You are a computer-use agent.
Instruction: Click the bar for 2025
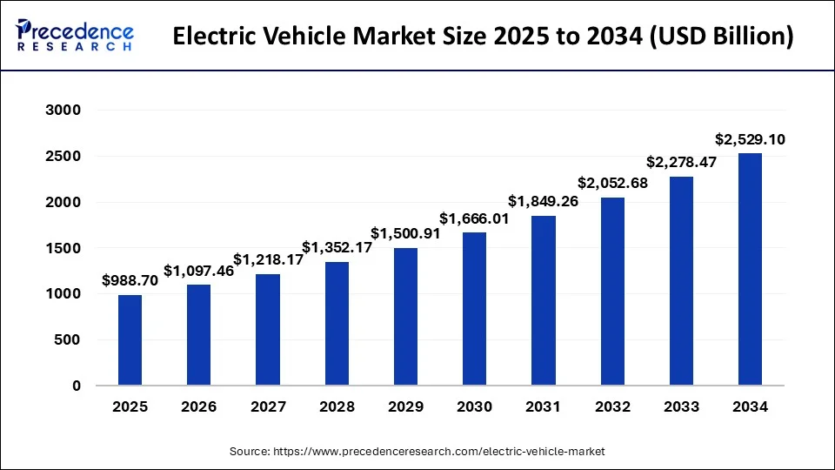pos(130,340)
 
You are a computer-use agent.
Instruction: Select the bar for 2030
pos(474,309)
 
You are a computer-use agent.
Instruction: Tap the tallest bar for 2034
pos(750,270)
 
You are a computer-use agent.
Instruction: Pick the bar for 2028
pos(337,324)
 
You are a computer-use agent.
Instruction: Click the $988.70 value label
pos(130,280)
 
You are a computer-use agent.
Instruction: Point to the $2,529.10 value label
pos(750,139)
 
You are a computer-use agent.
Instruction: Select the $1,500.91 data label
pos(405,233)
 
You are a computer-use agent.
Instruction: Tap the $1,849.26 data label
pos(543,201)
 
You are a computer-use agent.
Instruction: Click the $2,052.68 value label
pos(611,183)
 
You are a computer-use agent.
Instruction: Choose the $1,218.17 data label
pos(268,259)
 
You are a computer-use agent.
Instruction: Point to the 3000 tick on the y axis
pos(63,111)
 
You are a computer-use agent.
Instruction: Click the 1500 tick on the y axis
pos(63,248)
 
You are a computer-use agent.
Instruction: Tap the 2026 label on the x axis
pos(199,406)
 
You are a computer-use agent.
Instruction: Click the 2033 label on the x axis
pos(681,406)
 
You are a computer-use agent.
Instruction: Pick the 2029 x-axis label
pos(405,406)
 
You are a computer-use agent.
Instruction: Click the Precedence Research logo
pos(75,37)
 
